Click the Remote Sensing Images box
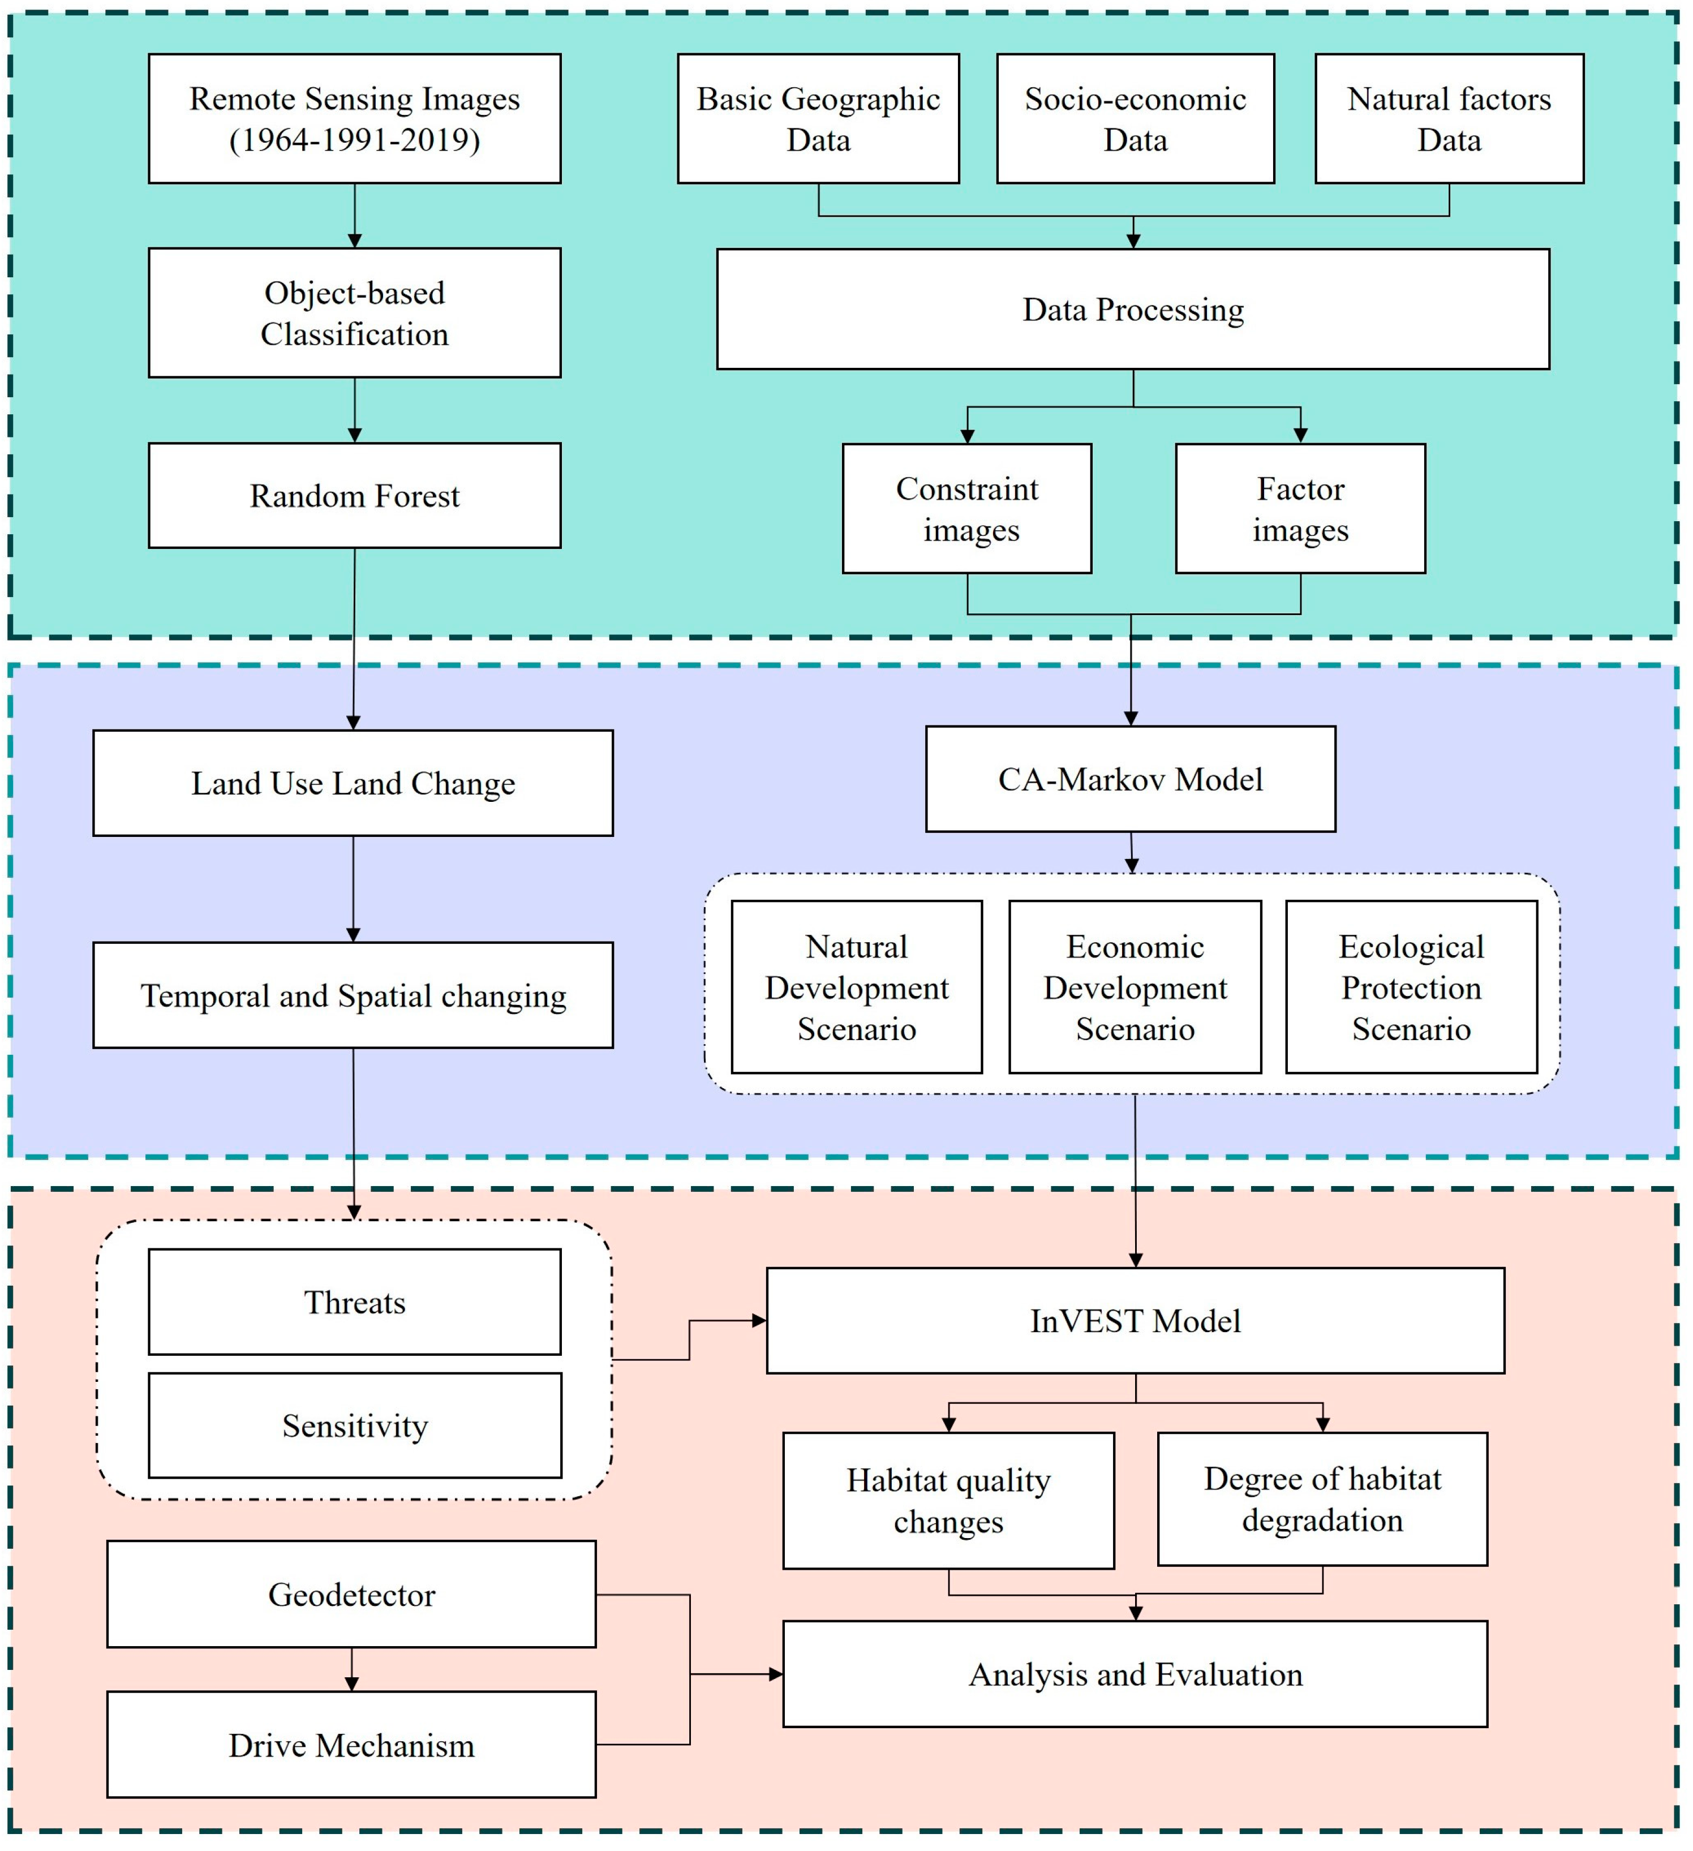coord(354,99)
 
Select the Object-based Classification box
coord(354,312)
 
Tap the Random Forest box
coord(354,496)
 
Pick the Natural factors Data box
coord(1449,118)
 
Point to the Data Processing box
coord(1133,310)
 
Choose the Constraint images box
coord(967,509)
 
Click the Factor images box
coord(1300,509)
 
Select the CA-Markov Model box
coord(1130,779)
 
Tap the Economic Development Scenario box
coord(1135,987)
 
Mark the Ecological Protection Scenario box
coord(1411,987)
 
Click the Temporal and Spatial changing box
coord(353,995)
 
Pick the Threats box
coord(354,1302)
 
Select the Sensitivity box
coord(354,1425)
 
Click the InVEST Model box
coord(1135,1320)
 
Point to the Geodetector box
coord(351,1594)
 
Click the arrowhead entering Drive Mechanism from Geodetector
coord(351,1684)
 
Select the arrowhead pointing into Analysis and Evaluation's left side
coord(776,1674)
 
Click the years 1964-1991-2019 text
coord(354,140)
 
